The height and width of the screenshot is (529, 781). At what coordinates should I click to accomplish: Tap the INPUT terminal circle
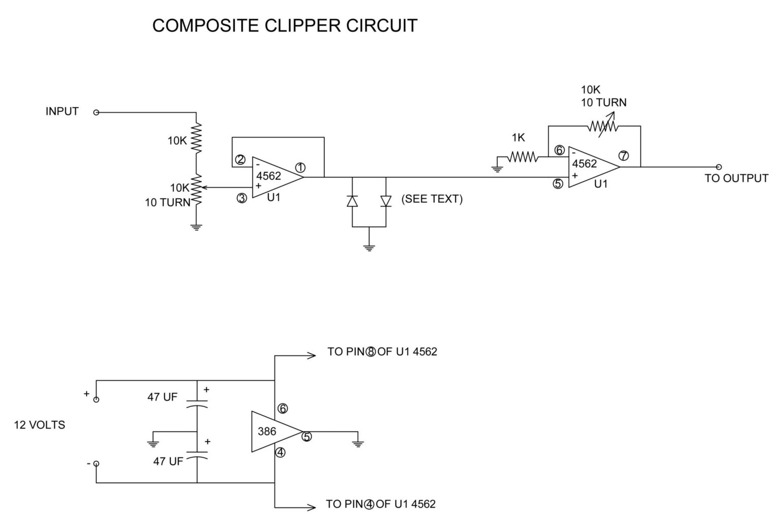coord(96,112)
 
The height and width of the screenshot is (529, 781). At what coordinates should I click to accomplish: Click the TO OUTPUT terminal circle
coord(718,167)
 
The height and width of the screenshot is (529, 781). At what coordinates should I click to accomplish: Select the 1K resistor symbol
coord(522,158)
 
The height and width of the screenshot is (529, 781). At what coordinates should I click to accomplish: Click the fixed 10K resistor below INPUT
coord(196,138)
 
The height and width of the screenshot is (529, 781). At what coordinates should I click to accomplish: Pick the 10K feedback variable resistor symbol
coord(602,127)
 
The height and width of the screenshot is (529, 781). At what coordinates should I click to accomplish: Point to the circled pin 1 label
coord(300,167)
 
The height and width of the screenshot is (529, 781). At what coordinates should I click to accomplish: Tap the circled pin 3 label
coord(242,198)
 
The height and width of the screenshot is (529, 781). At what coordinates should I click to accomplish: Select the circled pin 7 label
coord(623,156)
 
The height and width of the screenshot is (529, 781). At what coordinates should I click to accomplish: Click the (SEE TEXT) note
coord(432,199)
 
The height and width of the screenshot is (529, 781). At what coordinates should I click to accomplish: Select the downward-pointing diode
coord(386,201)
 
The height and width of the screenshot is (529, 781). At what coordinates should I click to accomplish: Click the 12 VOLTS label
coord(39,425)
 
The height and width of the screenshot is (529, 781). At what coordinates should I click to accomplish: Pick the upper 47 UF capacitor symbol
coord(197,405)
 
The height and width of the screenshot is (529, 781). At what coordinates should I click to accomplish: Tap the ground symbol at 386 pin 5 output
coord(358,443)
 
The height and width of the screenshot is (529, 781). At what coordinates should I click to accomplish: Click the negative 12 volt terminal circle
coord(96,463)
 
